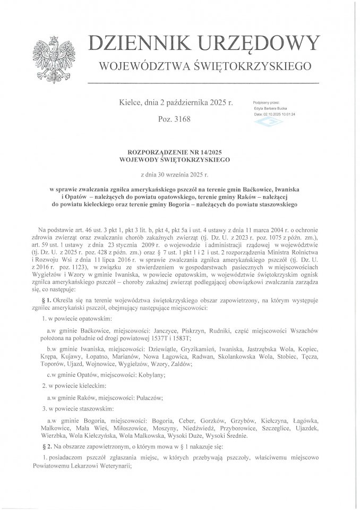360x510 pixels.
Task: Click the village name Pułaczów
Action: pos(154,397)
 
